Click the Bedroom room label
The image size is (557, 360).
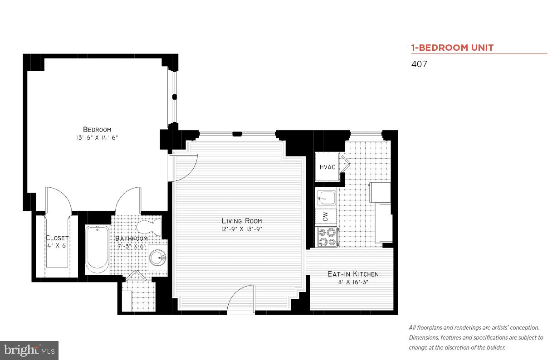click(97, 129)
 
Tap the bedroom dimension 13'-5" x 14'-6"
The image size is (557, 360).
click(97, 137)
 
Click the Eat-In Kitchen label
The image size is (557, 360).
click(353, 274)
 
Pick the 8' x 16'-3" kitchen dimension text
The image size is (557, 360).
click(353, 282)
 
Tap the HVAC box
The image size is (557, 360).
click(327, 167)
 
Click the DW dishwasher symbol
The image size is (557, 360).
click(326, 216)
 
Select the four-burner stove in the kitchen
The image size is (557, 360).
click(327, 237)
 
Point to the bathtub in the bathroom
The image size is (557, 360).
click(97, 249)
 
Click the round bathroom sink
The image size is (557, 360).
click(157, 258)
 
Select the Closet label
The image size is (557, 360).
click(57, 238)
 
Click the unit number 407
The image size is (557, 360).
click(419, 64)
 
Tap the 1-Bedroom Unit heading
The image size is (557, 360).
click(452, 48)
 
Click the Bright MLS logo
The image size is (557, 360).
click(29, 350)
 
